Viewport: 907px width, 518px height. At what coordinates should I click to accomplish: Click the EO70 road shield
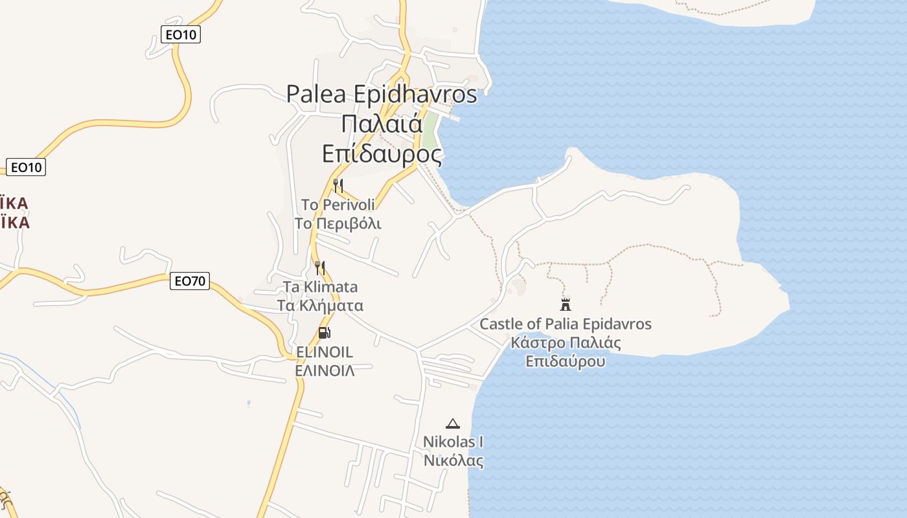[x=190, y=281]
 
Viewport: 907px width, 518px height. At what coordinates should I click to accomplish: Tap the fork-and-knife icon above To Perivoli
[x=338, y=186]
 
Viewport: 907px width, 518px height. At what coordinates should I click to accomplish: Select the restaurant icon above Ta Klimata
[x=320, y=267]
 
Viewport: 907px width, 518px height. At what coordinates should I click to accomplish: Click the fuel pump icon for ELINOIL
[x=324, y=333]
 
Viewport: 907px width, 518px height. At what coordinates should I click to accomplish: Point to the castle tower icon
[x=566, y=304]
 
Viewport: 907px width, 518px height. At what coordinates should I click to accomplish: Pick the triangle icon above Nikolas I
[x=453, y=423]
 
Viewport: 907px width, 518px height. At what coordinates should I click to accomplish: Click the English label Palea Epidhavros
[x=382, y=94]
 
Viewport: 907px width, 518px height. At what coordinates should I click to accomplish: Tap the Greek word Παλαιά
[x=382, y=124]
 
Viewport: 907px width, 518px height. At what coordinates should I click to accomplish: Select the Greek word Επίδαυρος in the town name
[x=382, y=153]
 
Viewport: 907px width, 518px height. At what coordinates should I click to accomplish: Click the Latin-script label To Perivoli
[x=338, y=205]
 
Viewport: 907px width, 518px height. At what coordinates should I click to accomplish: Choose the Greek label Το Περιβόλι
[x=338, y=223]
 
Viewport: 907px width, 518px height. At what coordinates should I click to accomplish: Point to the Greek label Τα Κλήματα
[x=320, y=306]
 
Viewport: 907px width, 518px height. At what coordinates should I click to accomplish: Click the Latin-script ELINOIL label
[x=324, y=352]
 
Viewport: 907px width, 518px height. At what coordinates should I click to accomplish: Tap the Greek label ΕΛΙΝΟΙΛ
[x=324, y=370]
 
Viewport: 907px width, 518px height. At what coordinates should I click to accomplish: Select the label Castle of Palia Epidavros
[x=565, y=324]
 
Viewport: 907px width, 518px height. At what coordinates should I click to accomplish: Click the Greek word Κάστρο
[x=534, y=343]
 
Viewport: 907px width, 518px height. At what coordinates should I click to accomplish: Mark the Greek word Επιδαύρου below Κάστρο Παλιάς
[x=565, y=361]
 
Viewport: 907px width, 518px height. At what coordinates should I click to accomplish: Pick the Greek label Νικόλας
[x=453, y=460]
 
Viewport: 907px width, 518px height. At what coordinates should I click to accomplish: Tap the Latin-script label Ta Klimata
[x=320, y=287]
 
